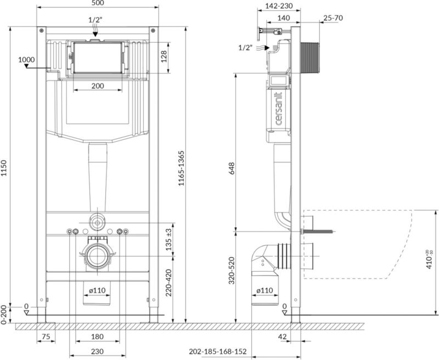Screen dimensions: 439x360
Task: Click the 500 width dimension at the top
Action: [x=98, y=3]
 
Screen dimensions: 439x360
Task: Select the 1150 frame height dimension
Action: [x=4, y=168]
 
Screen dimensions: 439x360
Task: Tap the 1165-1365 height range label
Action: [x=182, y=168]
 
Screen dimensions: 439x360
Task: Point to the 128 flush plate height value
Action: [x=164, y=57]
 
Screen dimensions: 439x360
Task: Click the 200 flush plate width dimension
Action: [x=98, y=86]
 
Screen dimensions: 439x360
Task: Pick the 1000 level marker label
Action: [x=26, y=60]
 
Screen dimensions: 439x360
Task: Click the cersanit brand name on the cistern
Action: [x=279, y=109]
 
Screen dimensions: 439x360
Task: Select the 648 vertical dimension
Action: [x=232, y=168]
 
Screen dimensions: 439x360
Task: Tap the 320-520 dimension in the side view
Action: [x=232, y=271]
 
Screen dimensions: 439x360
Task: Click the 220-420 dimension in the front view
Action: [x=168, y=283]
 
